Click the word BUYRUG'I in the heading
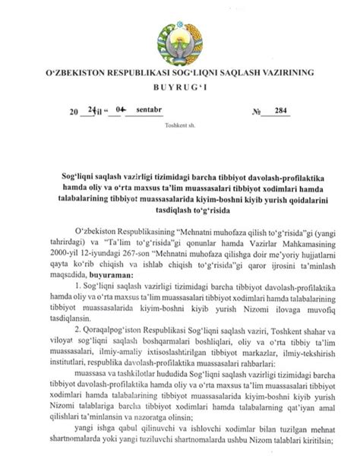[180, 89]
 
